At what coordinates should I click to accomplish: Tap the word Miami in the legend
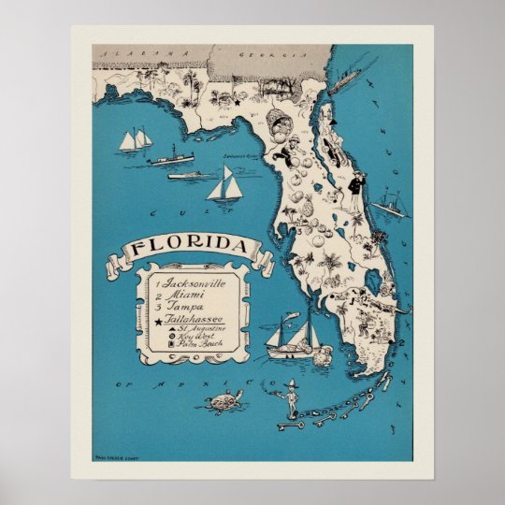188,294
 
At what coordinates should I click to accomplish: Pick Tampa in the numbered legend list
188,306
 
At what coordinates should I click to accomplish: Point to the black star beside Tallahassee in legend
158,319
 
